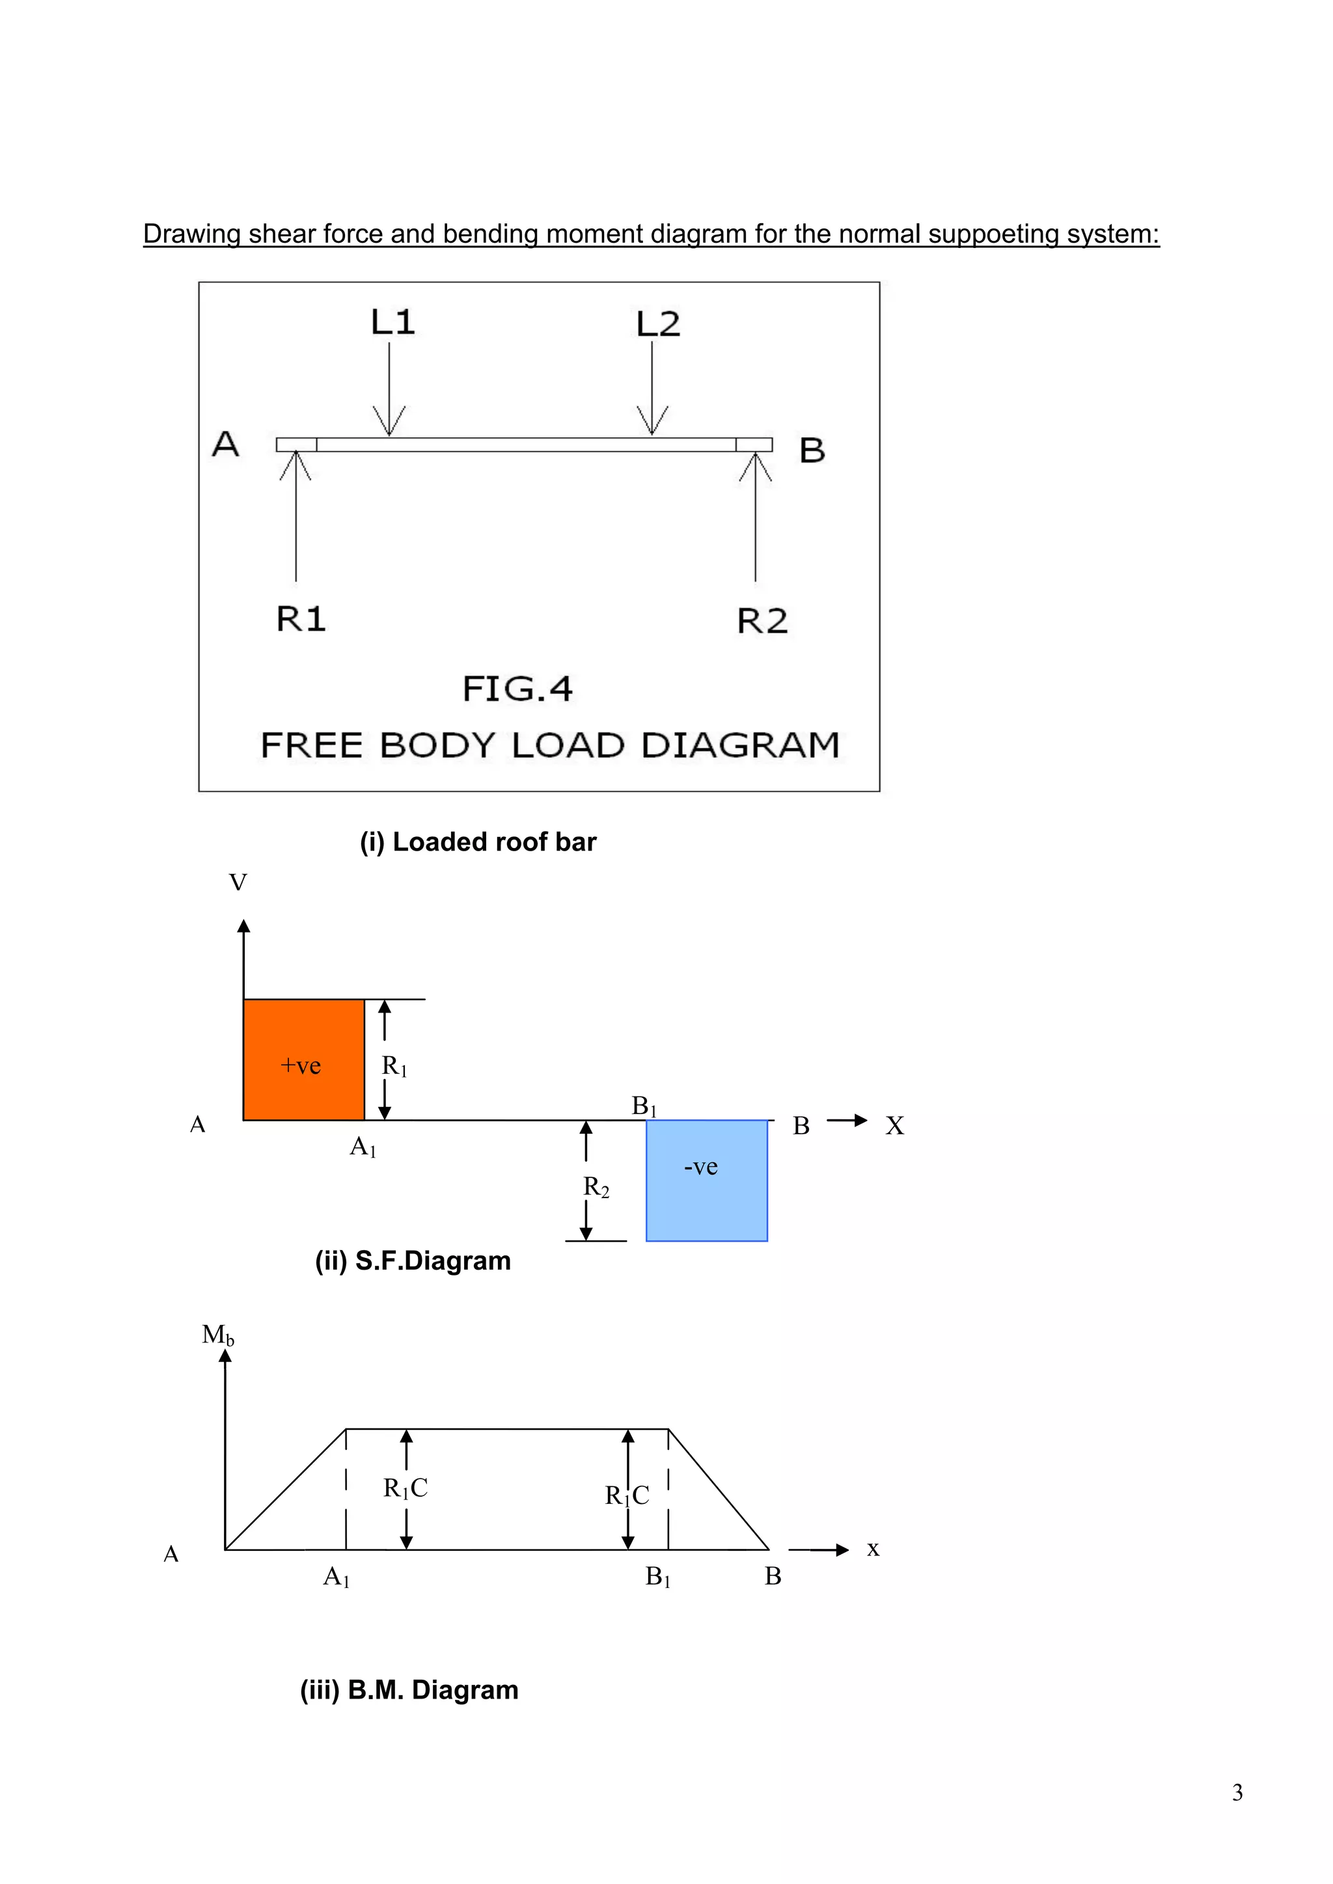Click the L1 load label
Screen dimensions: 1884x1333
pos(392,321)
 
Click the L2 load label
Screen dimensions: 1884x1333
pos(657,324)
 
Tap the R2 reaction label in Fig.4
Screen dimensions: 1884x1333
pos(762,621)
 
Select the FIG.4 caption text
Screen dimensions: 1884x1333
pos(517,689)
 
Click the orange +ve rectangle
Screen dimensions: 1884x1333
pos(303,1059)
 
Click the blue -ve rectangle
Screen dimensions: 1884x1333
pos(706,1180)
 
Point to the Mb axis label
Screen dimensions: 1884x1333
pos(217,1335)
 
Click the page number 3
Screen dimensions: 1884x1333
pos(1237,1793)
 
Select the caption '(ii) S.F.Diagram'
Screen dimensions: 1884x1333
pos(413,1261)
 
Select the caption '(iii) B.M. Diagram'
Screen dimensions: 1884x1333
pos(409,1689)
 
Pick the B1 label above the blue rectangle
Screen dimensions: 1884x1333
pos(644,1106)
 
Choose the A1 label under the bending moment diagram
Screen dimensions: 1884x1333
pos(337,1576)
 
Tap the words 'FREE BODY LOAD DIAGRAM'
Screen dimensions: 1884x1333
pos(550,745)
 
